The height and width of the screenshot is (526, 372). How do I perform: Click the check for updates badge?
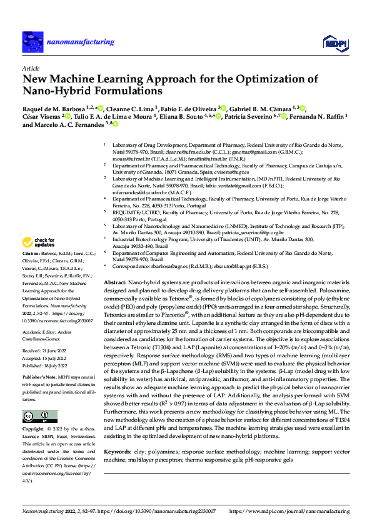click(39, 242)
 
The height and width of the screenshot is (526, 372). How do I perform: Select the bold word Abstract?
click(116, 283)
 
